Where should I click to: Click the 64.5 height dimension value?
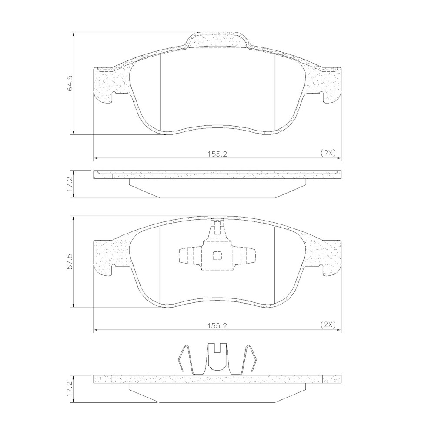tap(70, 83)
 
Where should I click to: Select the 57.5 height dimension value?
tap(70, 261)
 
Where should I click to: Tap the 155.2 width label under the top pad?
tap(217, 154)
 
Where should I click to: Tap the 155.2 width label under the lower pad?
tap(217, 326)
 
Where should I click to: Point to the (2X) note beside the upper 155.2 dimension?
tap(328, 152)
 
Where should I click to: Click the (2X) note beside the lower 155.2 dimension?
tap(328, 324)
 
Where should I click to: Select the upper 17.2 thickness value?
tap(70, 184)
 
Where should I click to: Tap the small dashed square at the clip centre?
tap(217, 256)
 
